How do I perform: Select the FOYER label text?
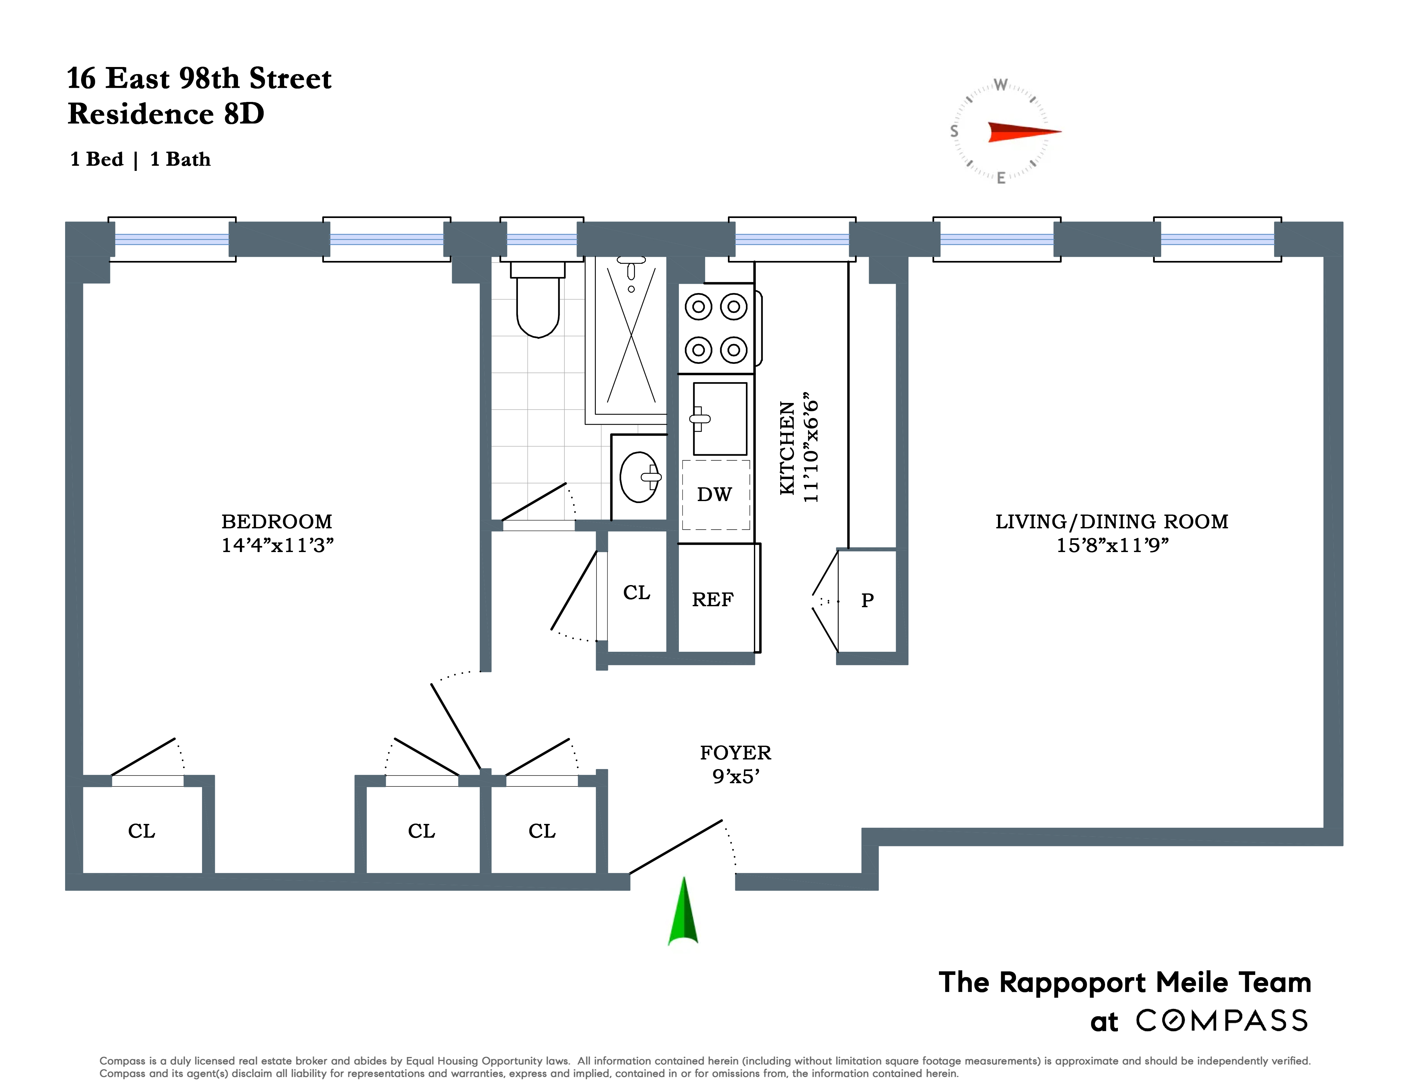pos(735,753)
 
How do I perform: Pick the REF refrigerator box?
pos(713,599)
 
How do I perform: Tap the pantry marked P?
pos(867,600)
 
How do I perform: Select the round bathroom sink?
pos(638,477)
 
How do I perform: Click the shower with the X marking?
pos(630,336)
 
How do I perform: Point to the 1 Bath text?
pos(180,160)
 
